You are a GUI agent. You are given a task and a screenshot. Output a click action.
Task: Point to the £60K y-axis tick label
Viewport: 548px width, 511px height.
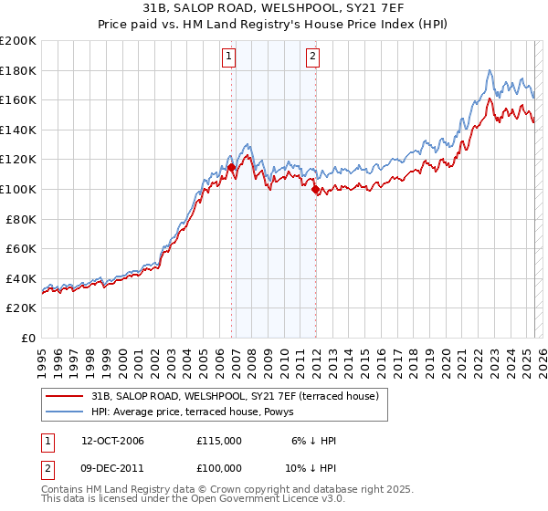click(21, 248)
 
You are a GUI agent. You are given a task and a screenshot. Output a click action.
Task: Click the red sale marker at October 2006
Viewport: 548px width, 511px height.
click(231, 167)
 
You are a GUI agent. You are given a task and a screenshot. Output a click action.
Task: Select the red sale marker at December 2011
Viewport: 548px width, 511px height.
click(315, 190)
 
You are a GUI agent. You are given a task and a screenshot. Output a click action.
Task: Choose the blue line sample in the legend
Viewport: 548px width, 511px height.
click(65, 412)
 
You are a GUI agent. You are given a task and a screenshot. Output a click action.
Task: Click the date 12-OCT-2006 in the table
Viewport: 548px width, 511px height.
click(112, 441)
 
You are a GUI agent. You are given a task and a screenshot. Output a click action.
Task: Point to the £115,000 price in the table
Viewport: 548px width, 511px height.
click(218, 441)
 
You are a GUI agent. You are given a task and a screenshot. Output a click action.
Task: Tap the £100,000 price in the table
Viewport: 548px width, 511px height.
click(218, 469)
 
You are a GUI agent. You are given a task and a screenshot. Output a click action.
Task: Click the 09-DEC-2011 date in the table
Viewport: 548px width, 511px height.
click(112, 469)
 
